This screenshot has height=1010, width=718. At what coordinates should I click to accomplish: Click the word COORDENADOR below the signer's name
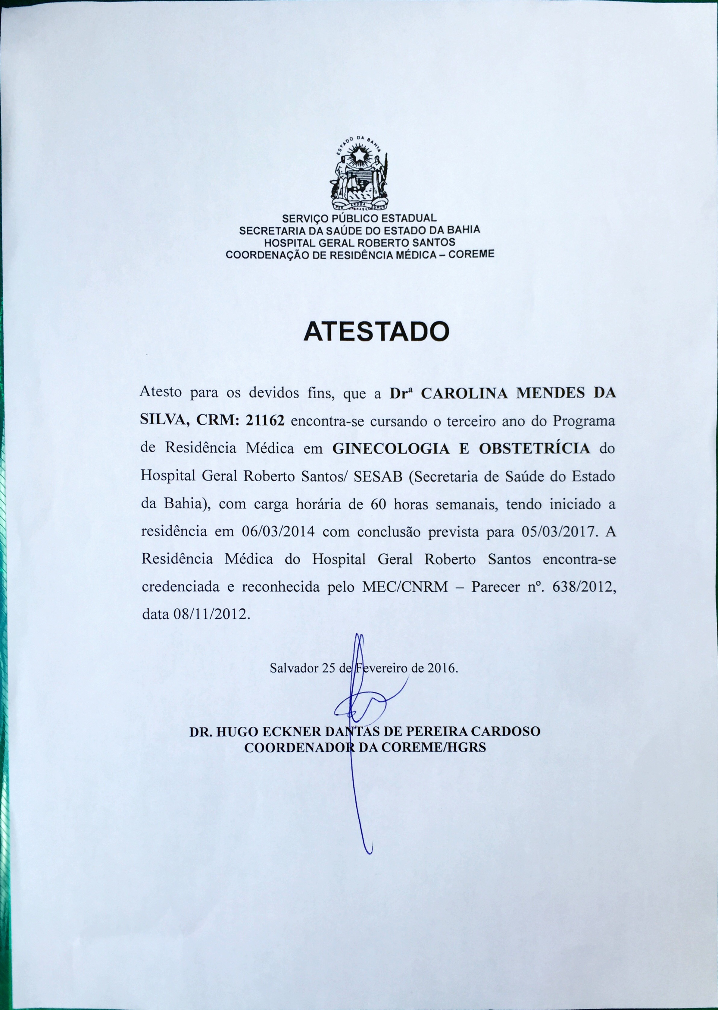300,747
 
